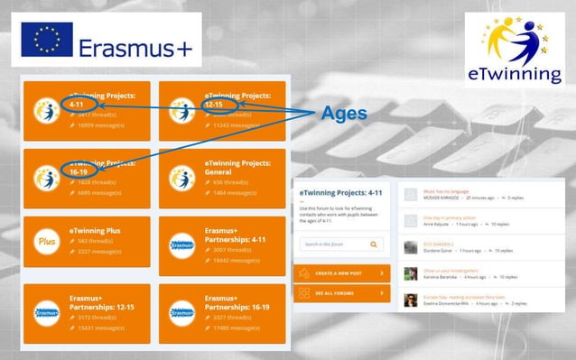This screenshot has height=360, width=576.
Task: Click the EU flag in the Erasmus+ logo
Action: pyautogui.click(x=46, y=40)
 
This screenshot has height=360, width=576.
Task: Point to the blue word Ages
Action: pyautogui.click(x=344, y=114)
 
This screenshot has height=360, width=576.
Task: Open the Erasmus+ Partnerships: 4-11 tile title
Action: pyautogui.click(x=237, y=235)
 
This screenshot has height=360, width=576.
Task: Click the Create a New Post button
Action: pyautogui.click(x=342, y=272)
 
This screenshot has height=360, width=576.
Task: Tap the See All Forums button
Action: pyautogui.click(x=342, y=294)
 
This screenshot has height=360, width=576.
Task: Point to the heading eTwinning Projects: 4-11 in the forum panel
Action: pyautogui.click(x=342, y=193)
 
